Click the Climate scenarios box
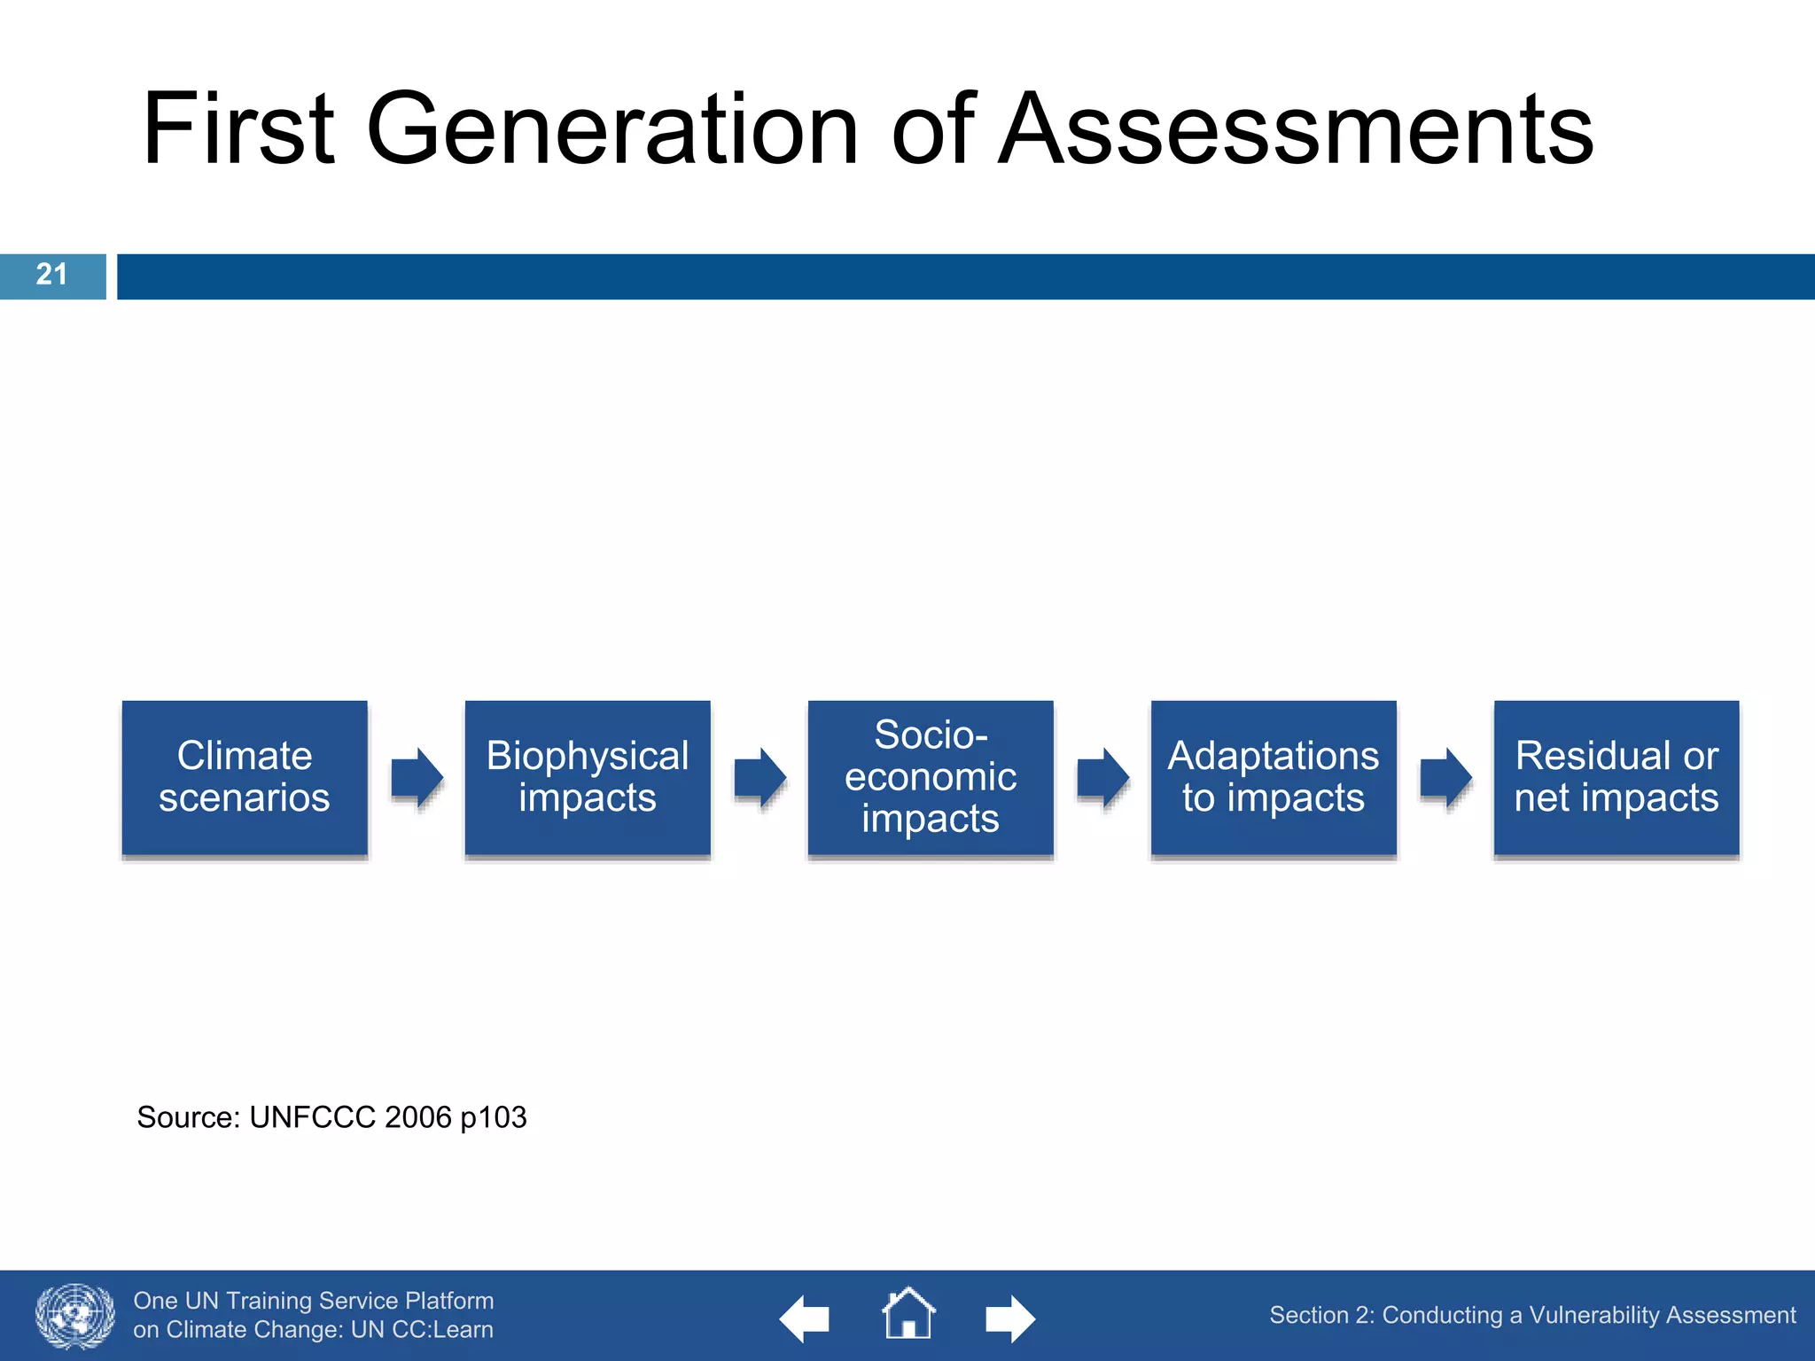[x=245, y=777]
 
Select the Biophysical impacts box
[x=588, y=777]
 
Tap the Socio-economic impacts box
[x=931, y=777]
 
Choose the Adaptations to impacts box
[x=1274, y=777]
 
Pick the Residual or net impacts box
[x=1616, y=777]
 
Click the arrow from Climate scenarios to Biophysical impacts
[x=417, y=777]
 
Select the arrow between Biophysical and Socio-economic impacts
[x=760, y=777]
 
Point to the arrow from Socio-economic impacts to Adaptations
[x=1103, y=777]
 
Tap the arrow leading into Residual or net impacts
[x=1446, y=777]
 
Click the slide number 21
[x=51, y=275]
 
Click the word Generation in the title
[x=611, y=130]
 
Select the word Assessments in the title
[x=1296, y=130]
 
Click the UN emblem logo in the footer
[x=75, y=1316]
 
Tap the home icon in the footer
[x=908, y=1314]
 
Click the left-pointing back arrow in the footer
[x=805, y=1318]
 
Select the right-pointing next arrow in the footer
[x=1010, y=1318]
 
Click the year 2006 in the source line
[x=418, y=1117]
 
